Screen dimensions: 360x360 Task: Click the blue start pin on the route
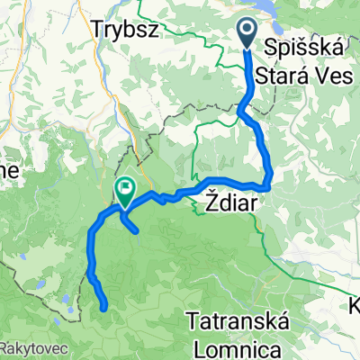pyautogui.click(x=248, y=34)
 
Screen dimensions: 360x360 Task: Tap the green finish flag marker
pyautogui.click(x=124, y=189)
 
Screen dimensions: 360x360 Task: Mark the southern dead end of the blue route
pyautogui.click(x=107, y=307)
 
